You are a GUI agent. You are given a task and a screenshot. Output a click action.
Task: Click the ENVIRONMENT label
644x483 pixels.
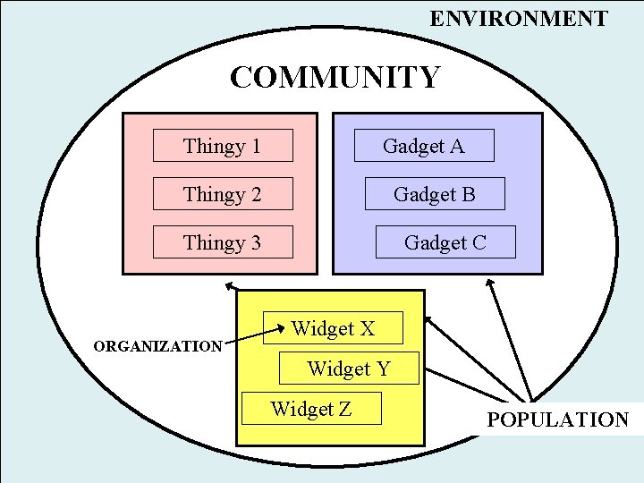pyautogui.click(x=519, y=18)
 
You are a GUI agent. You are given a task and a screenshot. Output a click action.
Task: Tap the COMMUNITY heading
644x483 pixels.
pyautogui.click(x=335, y=78)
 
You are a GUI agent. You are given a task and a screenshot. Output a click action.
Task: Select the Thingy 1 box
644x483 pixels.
pyautogui.click(x=223, y=146)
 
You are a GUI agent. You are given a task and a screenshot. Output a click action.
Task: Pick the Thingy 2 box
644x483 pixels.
pyautogui.click(x=223, y=194)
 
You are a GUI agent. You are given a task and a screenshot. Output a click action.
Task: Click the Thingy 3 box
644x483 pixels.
pyautogui.click(x=223, y=242)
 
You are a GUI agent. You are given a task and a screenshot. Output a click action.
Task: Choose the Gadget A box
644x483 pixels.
pyautogui.click(x=424, y=146)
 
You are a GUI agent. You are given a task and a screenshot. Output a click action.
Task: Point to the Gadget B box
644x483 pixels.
pyautogui.click(x=435, y=194)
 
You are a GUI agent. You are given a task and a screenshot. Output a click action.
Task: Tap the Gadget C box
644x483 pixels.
pyautogui.click(x=445, y=242)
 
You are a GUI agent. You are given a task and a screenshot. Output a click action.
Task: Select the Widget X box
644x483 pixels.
pyautogui.click(x=333, y=328)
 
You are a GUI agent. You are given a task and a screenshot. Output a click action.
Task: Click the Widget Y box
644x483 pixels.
pyautogui.click(x=349, y=368)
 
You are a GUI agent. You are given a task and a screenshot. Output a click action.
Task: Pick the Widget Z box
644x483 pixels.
pyautogui.click(x=311, y=409)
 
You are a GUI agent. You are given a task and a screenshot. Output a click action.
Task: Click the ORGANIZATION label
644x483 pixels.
pyautogui.click(x=158, y=346)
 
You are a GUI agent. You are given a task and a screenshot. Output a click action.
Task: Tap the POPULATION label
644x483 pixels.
pyautogui.click(x=558, y=419)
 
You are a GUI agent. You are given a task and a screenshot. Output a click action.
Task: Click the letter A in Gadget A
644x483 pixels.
pyautogui.click(x=457, y=146)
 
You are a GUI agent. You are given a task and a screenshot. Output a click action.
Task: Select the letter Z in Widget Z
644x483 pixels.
pyautogui.click(x=343, y=409)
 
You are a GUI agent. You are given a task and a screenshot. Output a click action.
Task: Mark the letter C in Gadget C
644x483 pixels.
pyautogui.click(x=479, y=242)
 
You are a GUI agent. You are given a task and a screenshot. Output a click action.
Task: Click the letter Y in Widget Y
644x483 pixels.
pyautogui.click(x=382, y=368)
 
